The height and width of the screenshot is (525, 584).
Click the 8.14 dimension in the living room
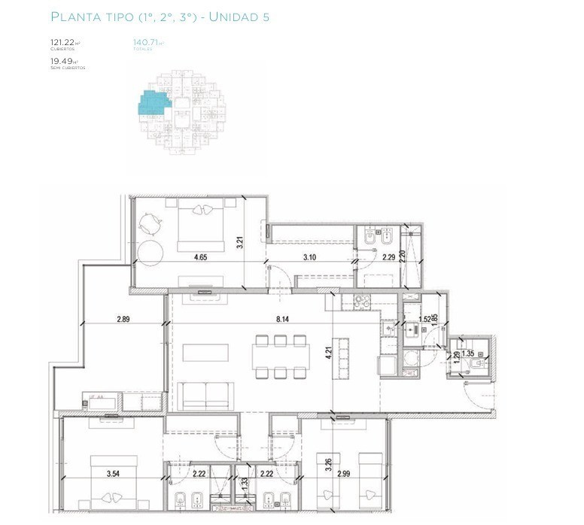283,320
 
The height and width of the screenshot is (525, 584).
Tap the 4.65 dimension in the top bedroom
200,258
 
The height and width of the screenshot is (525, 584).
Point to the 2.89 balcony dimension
123,320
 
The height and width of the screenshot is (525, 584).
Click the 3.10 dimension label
309,258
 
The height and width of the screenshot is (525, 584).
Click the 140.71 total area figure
144,43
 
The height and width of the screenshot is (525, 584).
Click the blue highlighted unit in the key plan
153,102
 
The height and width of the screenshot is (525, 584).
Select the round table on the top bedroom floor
149,251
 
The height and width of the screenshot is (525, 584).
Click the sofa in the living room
205,395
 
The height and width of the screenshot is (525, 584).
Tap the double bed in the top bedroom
201,226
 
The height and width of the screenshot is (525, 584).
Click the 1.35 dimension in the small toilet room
467,354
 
